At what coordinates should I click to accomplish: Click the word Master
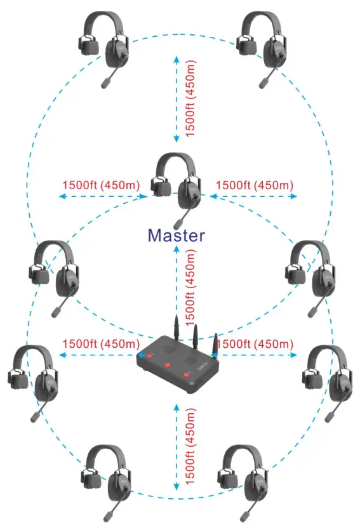(x=177, y=235)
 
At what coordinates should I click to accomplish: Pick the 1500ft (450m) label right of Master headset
(x=255, y=185)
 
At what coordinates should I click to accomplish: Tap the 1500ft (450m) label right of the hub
(x=255, y=343)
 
